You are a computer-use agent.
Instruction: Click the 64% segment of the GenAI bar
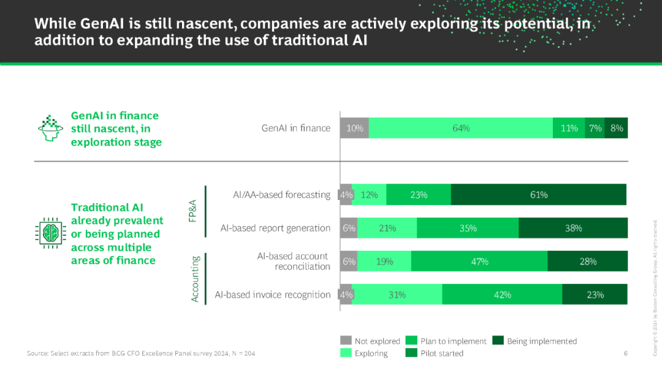click(461, 128)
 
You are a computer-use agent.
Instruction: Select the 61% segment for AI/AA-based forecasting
click(539, 194)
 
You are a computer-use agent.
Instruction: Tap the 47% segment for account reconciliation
click(479, 261)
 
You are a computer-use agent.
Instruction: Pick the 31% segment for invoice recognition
click(397, 294)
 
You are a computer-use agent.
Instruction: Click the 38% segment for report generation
click(573, 228)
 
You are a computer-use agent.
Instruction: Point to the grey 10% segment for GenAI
click(354, 128)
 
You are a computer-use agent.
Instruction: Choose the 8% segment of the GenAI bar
click(616, 128)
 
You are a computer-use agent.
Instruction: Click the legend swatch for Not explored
click(346, 340)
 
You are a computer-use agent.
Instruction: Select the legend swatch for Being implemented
click(498, 340)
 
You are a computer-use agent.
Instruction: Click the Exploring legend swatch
click(346, 353)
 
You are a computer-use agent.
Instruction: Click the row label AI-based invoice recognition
click(273, 294)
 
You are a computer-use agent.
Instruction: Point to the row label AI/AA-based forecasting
click(281, 194)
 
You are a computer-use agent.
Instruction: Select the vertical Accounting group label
click(196, 279)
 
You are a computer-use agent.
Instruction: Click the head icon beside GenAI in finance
click(50, 128)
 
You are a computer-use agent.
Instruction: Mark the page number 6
click(625, 353)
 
